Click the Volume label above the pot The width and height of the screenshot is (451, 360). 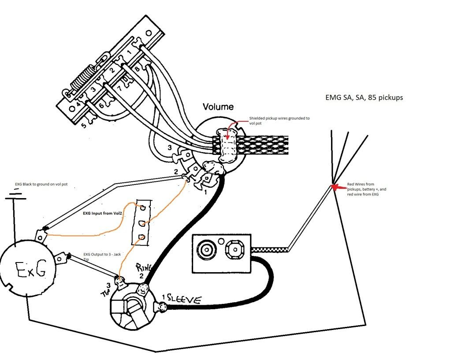[218, 106]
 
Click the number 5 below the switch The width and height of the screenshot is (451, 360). [83, 125]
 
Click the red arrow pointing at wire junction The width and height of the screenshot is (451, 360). [339, 187]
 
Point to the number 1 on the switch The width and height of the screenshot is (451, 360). [129, 52]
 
